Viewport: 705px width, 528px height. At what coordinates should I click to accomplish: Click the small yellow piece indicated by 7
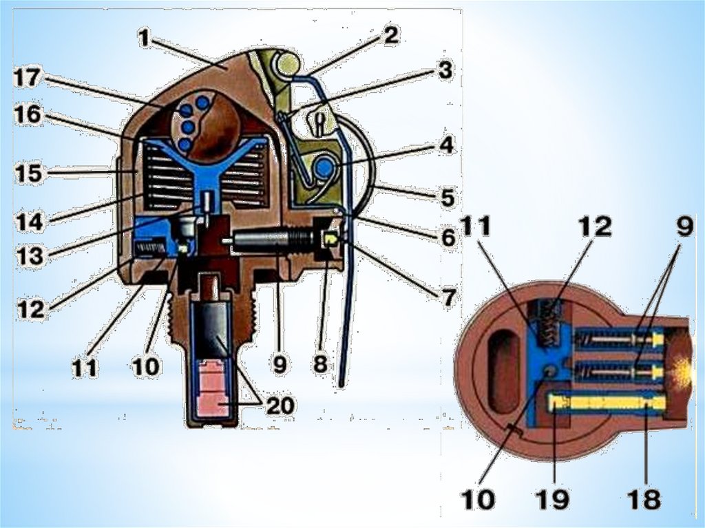click(x=331, y=239)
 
